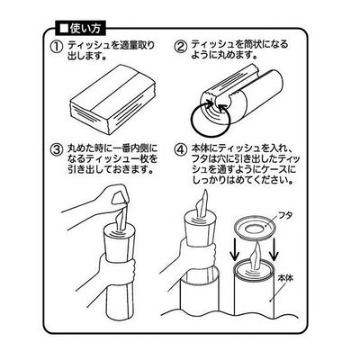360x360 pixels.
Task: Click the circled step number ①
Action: [56, 47]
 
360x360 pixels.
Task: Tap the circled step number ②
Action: [181, 47]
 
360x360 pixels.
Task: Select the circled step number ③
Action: [56, 149]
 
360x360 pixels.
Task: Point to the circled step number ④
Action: [181, 149]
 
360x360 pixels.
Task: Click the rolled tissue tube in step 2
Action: [242, 96]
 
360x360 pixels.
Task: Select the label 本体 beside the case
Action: [284, 278]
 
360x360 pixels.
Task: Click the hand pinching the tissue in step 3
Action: [99, 200]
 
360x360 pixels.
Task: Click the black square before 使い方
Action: [64, 29]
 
